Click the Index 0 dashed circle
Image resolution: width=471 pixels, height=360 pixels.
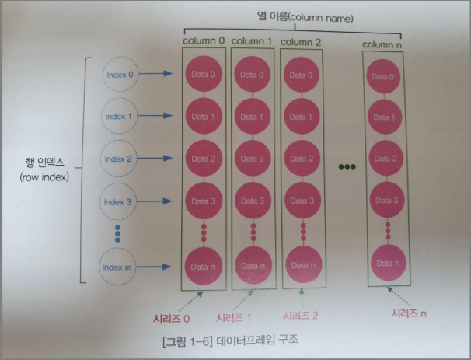coord(120,75)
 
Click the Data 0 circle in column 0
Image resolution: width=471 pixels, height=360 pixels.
coord(205,75)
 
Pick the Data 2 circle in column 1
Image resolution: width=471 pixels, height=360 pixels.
coord(253,159)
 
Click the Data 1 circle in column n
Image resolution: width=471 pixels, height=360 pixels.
coord(386,117)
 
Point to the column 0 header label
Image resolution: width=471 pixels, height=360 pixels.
coord(204,40)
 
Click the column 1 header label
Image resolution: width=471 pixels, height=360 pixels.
coord(253,40)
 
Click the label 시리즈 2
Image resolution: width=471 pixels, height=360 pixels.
coord(301,316)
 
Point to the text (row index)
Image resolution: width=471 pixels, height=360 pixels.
coord(45,177)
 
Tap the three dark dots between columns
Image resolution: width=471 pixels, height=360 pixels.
coord(346,166)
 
